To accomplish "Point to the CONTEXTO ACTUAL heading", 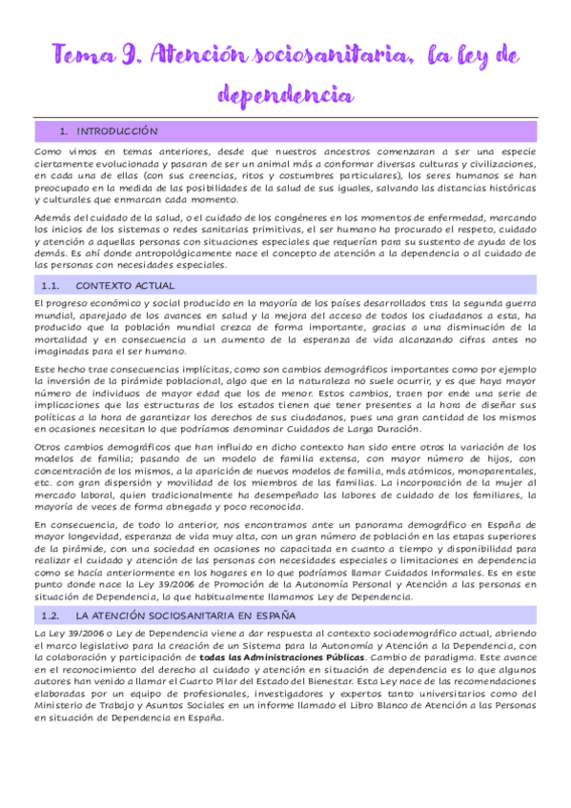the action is pyautogui.click(x=124, y=285).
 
